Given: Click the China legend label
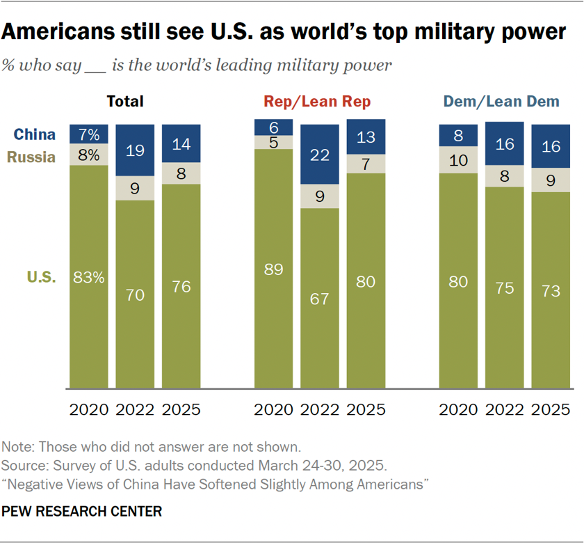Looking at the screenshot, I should [x=35, y=134].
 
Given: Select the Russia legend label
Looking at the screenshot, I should [x=32, y=157].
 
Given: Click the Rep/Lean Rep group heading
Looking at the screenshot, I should [x=317, y=102].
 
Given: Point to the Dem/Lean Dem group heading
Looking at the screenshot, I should [x=501, y=102].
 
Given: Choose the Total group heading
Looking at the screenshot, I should [x=124, y=102].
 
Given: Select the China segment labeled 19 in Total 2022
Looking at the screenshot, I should [x=135, y=150].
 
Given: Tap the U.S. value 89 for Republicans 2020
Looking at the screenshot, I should [x=274, y=269].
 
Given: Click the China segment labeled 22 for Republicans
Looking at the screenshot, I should [x=320, y=156].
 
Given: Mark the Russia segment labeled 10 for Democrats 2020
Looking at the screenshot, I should [x=458, y=161].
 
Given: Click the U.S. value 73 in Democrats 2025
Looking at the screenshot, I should [x=551, y=291].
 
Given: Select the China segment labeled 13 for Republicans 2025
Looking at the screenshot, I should [x=366, y=138].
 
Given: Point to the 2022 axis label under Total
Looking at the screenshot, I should [x=135, y=409].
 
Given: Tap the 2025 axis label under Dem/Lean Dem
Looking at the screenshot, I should [x=551, y=409].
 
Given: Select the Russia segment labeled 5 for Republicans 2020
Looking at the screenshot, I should [x=274, y=142].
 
